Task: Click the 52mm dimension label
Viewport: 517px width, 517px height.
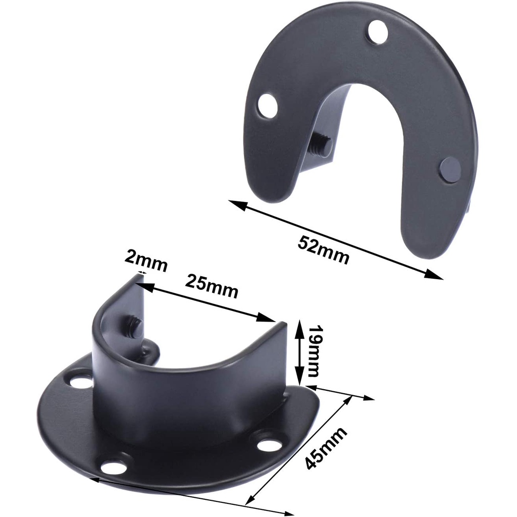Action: pyautogui.click(x=323, y=249)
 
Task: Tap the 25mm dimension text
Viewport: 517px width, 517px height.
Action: pyautogui.click(x=212, y=286)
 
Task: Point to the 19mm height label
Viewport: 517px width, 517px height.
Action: pyautogui.click(x=313, y=351)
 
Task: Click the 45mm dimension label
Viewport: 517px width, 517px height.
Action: pyautogui.click(x=326, y=448)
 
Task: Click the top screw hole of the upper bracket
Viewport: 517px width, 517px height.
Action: pyautogui.click(x=378, y=32)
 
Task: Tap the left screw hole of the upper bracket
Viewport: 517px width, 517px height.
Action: pyautogui.click(x=268, y=106)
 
